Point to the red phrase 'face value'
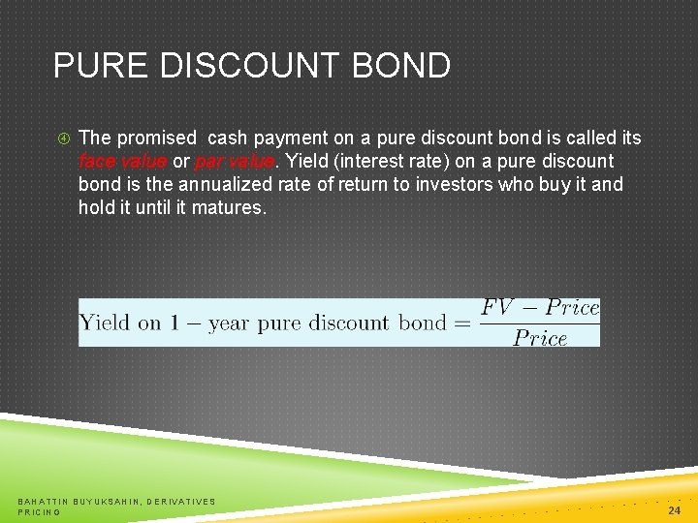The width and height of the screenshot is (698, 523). (x=123, y=161)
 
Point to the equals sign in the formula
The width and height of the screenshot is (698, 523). (x=461, y=323)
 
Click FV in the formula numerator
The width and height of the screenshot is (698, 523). (x=496, y=308)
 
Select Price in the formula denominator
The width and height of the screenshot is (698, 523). (x=540, y=338)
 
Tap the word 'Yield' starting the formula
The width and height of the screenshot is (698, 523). (x=106, y=323)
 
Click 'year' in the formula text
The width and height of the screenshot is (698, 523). (x=228, y=323)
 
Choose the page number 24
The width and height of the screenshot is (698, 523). (x=675, y=510)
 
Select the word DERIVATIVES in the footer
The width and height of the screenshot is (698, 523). (x=182, y=501)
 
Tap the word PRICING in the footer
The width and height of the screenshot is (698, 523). (x=40, y=511)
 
